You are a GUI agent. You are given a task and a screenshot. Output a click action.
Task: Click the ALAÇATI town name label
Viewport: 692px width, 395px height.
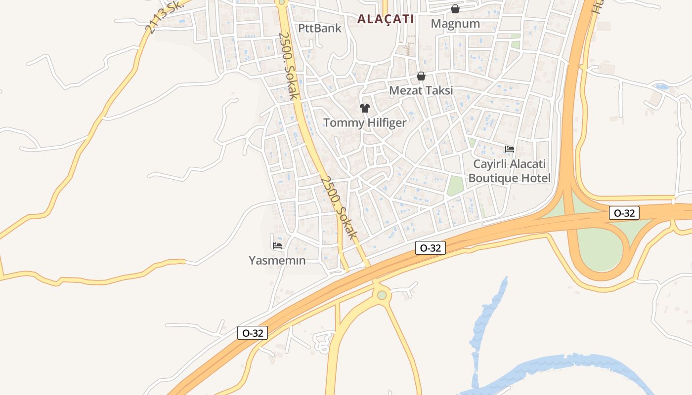[x=386, y=19]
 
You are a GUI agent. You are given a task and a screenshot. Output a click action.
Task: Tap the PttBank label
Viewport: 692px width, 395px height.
[x=319, y=28]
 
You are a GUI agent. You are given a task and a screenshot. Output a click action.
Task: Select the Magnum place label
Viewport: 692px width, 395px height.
[x=455, y=24]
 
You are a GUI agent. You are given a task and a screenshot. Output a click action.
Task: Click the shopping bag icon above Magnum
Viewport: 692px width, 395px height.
[x=455, y=9]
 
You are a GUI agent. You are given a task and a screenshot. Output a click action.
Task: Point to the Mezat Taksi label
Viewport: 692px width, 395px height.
[x=421, y=90]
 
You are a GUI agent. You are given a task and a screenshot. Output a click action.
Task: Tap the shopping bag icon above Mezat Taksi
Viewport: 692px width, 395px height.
[x=421, y=76]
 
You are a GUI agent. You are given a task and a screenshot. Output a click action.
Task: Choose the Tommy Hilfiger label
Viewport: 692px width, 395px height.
[x=365, y=123]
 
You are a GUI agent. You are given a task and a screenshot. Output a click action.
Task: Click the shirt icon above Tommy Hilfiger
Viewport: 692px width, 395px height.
[x=365, y=108]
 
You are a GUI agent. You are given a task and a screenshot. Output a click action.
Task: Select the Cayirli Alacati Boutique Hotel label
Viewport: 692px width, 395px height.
[x=509, y=171]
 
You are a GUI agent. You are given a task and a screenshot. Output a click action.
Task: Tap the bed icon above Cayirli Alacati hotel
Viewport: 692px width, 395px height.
[x=510, y=149]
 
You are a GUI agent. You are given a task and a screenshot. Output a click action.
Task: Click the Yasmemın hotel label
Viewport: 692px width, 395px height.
[x=277, y=260]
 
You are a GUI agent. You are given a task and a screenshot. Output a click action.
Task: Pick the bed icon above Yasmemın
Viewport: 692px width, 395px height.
[x=277, y=245]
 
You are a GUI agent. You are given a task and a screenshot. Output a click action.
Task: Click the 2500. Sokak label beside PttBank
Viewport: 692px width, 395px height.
[x=289, y=66]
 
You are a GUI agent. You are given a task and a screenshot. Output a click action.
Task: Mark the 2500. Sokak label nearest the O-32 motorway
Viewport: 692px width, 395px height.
[x=339, y=208]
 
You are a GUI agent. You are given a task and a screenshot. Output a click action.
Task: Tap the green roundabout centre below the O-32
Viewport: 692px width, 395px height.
[x=382, y=295]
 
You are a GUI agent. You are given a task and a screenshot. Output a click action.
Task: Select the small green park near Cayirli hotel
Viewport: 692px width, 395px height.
[x=455, y=185]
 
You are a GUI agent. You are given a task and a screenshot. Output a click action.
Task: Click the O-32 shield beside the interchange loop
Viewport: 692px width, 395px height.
[x=624, y=213]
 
